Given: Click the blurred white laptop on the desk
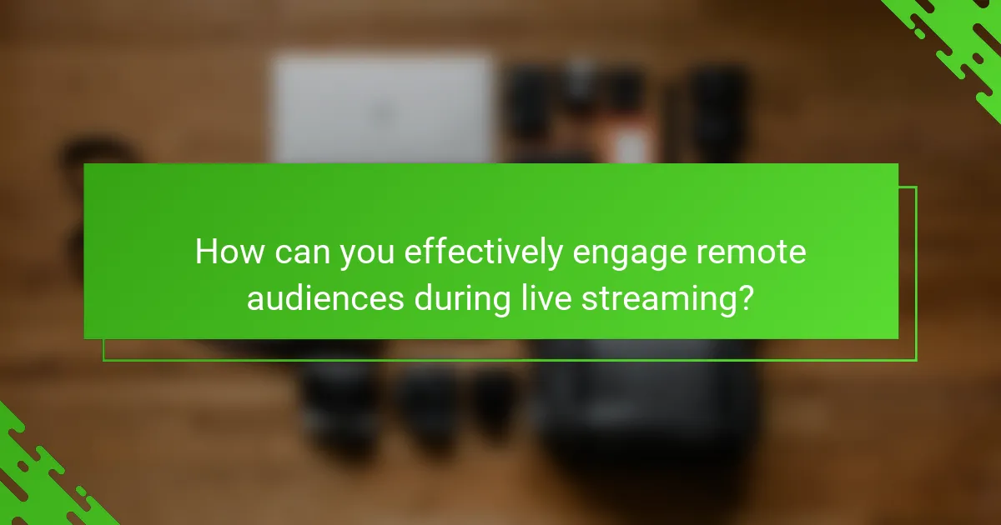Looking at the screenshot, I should tap(385, 108).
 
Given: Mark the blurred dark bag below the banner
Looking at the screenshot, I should tap(642, 408).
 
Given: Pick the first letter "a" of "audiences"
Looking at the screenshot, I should tap(255, 299).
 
